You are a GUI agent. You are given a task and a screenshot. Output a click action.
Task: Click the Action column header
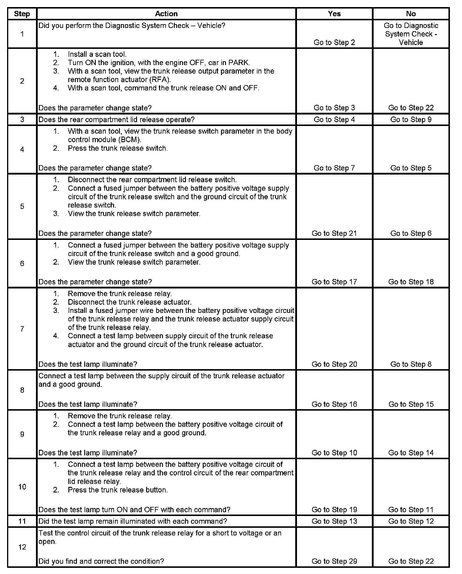[166, 14]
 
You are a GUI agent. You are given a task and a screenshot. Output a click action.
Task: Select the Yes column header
[334, 14]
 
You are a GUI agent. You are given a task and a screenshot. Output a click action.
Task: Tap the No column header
[411, 14]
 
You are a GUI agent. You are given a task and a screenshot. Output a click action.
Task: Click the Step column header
[22, 14]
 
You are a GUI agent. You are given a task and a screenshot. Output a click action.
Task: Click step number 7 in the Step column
[22, 329]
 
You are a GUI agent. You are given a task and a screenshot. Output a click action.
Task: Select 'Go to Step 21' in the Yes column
[334, 233]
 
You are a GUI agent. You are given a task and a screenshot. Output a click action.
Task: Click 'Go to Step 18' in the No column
[411, 282]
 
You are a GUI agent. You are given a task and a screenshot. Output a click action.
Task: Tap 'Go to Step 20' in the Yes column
[334, 364]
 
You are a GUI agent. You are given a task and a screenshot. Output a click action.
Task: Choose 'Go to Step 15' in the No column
[411, 404]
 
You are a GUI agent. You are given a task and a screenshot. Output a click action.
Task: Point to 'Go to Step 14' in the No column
[411, 453]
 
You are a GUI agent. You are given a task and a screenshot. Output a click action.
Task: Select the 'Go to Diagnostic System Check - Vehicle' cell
[411, 34]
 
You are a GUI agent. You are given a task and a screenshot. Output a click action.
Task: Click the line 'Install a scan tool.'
[97, 54]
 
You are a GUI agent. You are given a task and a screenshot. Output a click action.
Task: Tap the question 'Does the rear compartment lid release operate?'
[116, 120]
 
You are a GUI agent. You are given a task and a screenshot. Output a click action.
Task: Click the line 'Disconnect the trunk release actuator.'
[130, 302]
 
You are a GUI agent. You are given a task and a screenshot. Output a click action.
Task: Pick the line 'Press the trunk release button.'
[118, 490]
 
